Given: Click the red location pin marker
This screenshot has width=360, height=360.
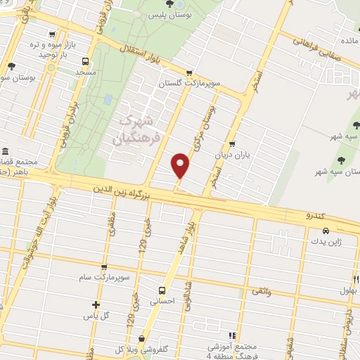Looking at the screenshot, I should pos(181,166).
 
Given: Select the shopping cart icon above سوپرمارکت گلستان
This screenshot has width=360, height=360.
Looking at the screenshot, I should pos(188,73).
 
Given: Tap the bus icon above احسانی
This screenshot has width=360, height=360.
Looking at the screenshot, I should pos(162,290).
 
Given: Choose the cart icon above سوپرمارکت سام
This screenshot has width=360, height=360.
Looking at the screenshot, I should pos(104,267).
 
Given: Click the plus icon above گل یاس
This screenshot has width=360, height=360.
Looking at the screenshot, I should pos(96,304).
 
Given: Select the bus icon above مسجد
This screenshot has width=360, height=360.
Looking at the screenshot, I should pos(84,61).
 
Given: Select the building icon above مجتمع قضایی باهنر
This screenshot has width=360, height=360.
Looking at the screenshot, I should pos(6,152).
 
